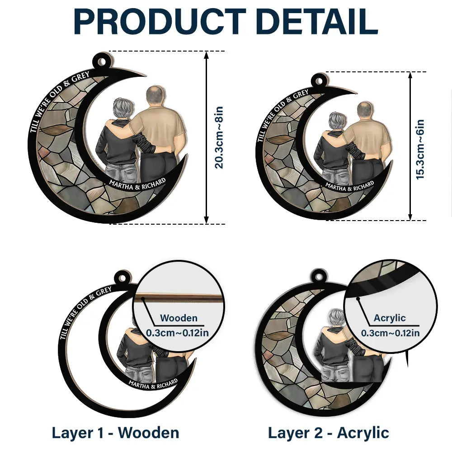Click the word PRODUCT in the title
click(160, 22)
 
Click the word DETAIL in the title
click(318, 22)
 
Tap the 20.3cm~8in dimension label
click(219, 137)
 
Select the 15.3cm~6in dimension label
click(420, 149)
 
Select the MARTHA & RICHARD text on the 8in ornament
click(137, 185)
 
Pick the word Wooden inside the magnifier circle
click(179, 318)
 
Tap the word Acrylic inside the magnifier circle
click(390, 318)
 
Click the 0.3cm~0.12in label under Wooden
click(177, 333)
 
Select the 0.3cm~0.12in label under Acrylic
click(391, 333)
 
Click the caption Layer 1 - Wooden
click(115, 433)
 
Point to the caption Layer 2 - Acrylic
click(328, 433)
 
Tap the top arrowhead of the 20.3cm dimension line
click(206, 55)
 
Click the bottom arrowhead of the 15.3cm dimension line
click(410, 217)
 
